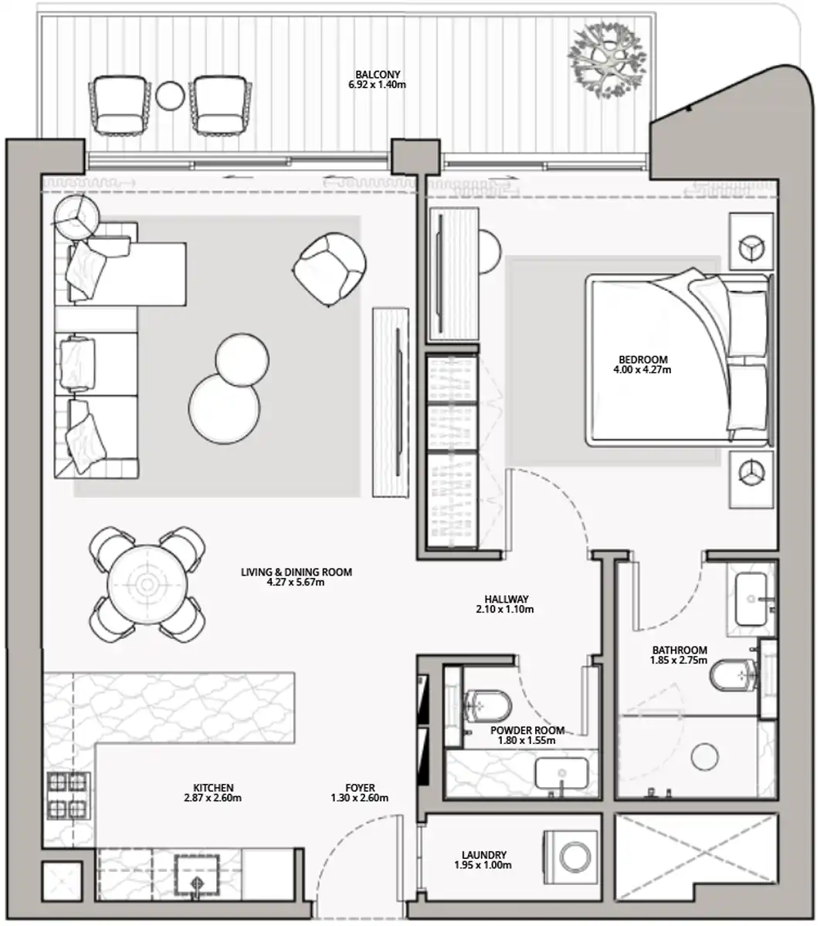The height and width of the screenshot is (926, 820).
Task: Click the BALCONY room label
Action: click(378, 74)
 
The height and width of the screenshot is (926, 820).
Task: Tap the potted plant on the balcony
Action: click(607, 61)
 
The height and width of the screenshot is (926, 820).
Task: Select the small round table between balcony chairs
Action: click(170, 96)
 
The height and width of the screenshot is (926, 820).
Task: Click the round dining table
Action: click(147, 583)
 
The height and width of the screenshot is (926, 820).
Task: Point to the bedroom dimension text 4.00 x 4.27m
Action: click(642, 370)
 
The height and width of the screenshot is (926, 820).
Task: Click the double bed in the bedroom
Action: click(679, 360)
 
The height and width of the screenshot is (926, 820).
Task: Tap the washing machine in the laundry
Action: click(571, 857)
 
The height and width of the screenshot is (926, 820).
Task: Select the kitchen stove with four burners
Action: click(69, 796)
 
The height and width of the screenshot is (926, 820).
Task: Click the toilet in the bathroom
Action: click(734, 675)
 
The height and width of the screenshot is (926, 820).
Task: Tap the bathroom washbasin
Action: click(751, 600)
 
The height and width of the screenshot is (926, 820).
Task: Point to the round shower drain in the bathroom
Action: click(705, 757)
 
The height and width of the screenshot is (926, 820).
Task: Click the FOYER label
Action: click(360, 788)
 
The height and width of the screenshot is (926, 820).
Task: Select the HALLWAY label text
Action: click(507, 599)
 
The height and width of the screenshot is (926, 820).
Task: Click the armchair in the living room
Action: click(329, 269)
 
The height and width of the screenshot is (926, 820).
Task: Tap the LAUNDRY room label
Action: click(484, 855)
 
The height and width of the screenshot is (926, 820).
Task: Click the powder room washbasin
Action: click(561, 772)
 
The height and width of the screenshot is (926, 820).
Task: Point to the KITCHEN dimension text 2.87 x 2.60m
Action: click(212, 798)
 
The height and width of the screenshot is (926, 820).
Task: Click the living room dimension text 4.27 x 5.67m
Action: click(296, 583)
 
